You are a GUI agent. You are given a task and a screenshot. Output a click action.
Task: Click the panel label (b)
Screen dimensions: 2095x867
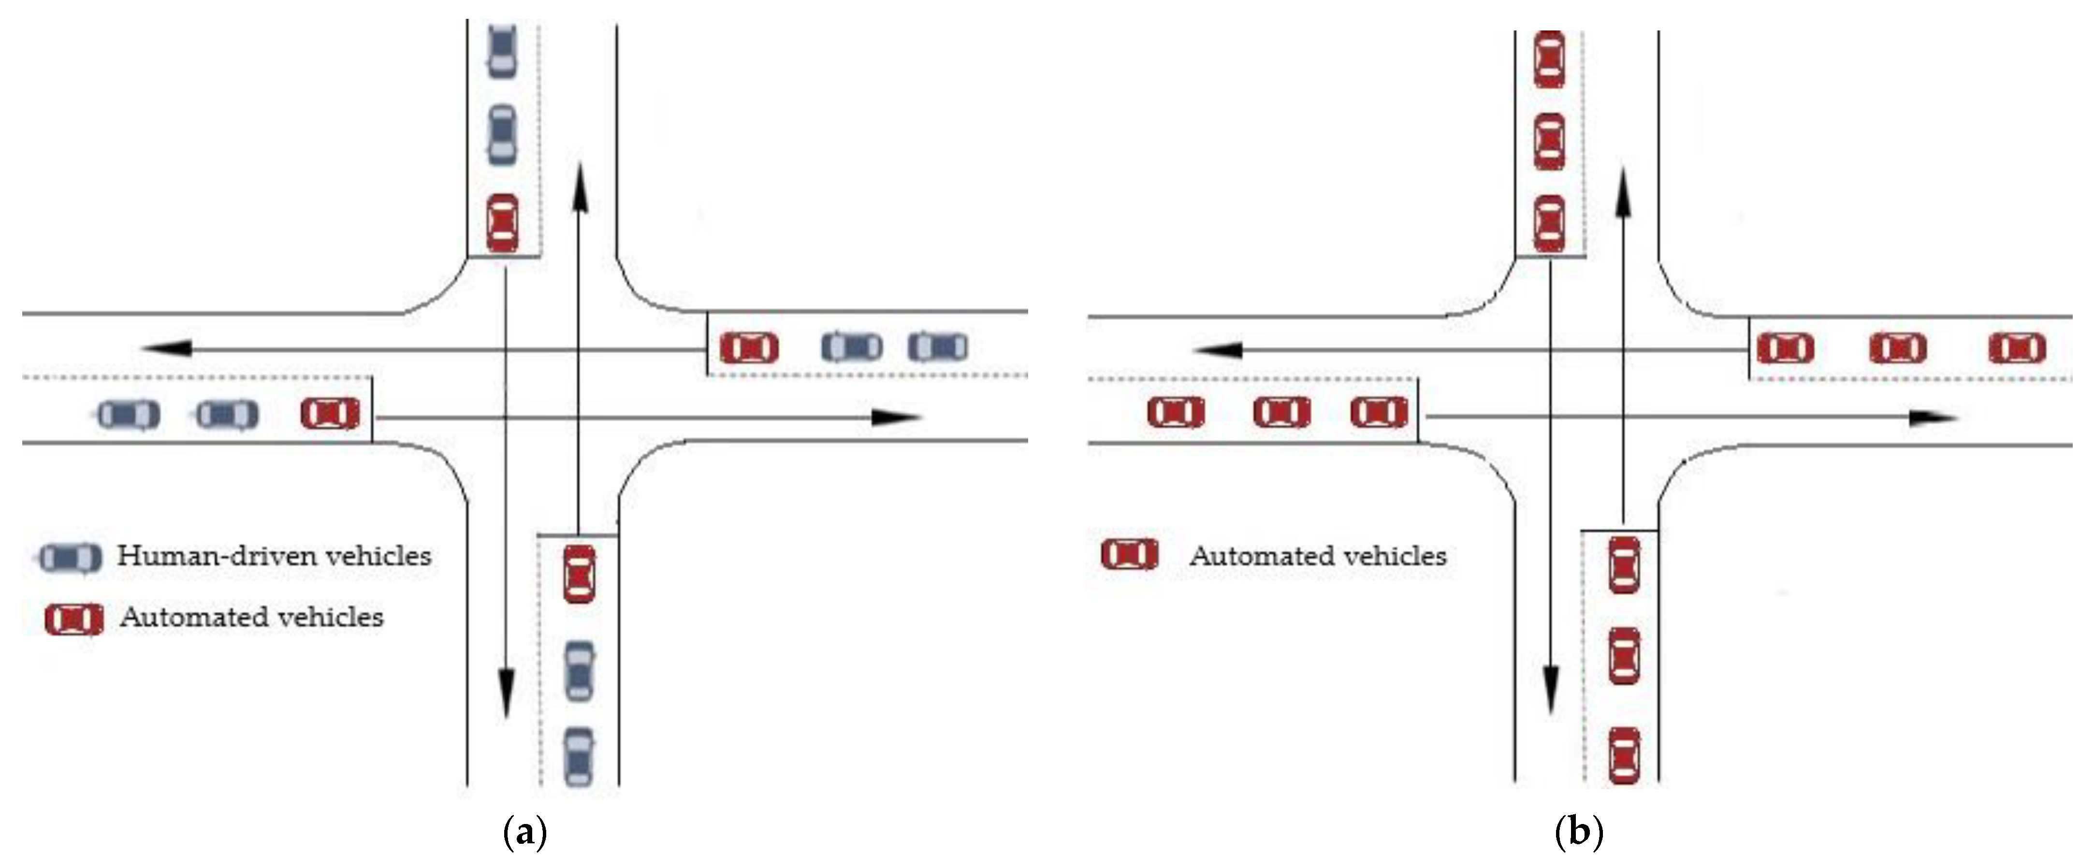pyautogui.click(x=1579, y=833)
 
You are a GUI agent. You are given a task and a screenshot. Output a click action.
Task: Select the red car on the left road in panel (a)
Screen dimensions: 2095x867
pyautogui.click(x=330, y=413)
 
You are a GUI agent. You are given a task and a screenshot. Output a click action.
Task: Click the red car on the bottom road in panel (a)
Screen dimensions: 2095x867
pyautogui.click(x=579, y=574)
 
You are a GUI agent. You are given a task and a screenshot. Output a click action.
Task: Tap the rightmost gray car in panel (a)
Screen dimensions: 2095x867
pyautogui.click(x=938, y=347)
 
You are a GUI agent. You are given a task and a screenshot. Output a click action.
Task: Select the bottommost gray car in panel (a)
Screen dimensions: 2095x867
pyautogui.click(x=579, y=756)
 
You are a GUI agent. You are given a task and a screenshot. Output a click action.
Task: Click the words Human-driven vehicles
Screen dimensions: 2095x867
pyautogui.click(x=274, y=556)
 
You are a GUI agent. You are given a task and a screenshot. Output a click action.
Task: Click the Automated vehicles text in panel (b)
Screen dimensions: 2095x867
pyautogui.click(x=1318, y=556)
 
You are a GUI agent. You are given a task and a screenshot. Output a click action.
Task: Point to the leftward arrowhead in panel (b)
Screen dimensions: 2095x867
pyautogui.click(x=1218, y=350)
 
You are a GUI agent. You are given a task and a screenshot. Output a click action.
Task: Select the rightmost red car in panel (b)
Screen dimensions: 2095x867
pyautogui.click(x=2017, y=348)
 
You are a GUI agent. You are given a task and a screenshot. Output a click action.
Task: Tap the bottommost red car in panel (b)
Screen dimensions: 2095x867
pyautogui.click(x=1624, y=755)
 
